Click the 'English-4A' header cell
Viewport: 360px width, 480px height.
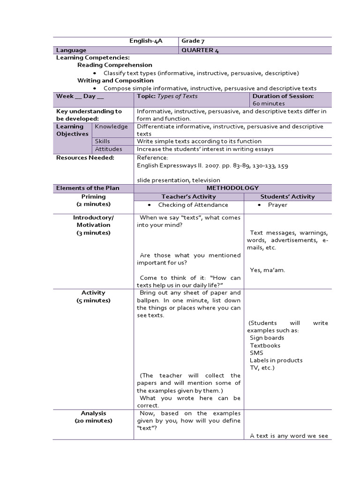click(146, 41)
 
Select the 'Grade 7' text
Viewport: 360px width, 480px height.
click(193, 41)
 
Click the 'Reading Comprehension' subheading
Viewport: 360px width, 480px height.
click(115, 65)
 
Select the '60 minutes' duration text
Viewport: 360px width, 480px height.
click(269, 104)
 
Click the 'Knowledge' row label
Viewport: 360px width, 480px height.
click(111, 127)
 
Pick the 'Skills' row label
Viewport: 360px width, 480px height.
click(103, 141)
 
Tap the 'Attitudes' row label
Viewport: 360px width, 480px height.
click(108, 149)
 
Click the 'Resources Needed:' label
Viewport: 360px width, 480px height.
click(85, 157)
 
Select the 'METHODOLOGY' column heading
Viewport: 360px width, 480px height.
click(232, 188)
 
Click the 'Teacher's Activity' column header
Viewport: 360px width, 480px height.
click(188, 196)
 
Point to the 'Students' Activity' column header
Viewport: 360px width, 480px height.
click(287, 196)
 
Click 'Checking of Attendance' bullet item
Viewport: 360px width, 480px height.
click(193, 205)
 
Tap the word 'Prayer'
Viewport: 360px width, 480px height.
click(277, 205)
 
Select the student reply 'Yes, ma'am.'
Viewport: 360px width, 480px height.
click(267, 270)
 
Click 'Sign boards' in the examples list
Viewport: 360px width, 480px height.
click(267, 338)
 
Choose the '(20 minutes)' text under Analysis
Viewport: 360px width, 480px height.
click(93, 421)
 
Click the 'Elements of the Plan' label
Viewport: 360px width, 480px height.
click(88, 188)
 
